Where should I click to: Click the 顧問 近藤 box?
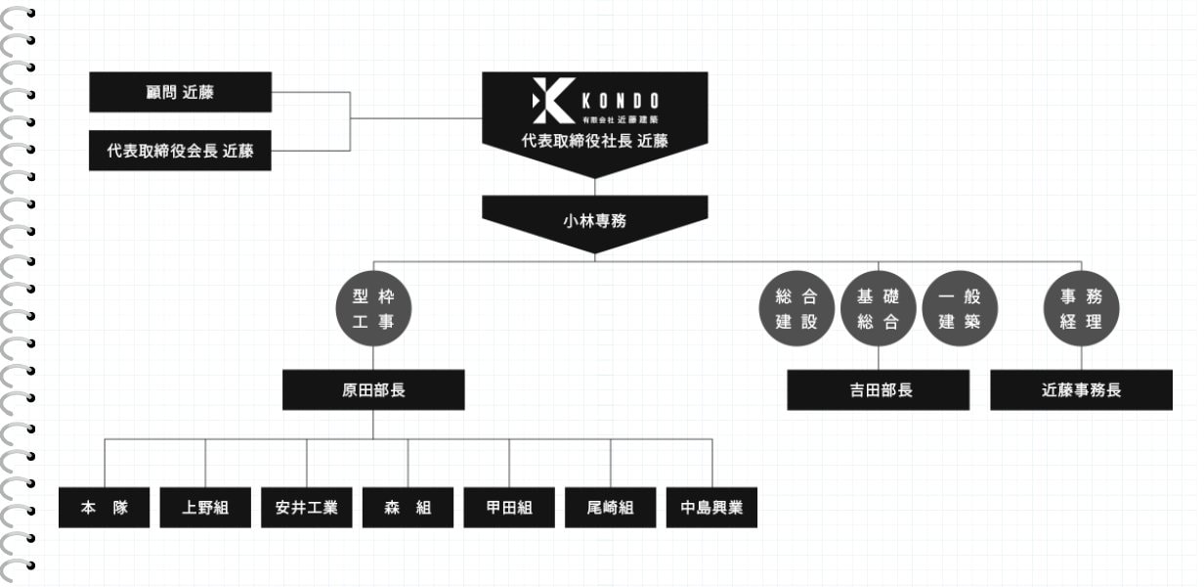tap(180, 92)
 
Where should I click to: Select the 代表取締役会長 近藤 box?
tap(180, 151)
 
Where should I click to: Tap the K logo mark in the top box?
tap(551, 101)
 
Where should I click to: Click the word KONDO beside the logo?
tap(620, 101)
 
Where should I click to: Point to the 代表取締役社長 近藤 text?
tap(594, 141)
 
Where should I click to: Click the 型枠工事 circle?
tap(373, 308)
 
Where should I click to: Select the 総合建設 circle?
tap(796, 308)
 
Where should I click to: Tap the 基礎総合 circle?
tap(878, 308)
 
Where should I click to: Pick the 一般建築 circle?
tap(960, 308)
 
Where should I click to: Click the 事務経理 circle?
tap(1081, 308)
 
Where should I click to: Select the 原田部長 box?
tap(373, 389)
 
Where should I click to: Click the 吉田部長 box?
tap(879, 389)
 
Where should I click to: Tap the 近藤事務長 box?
tap(1081, 389)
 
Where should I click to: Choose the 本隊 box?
tap(105, 508)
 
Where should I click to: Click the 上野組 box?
tap(205, 508)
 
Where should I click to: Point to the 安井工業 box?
tap(307, 508)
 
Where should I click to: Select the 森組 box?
tap(408, 508)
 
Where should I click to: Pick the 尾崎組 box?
tap(611, 508)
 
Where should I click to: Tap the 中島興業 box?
tap(711, 508)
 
